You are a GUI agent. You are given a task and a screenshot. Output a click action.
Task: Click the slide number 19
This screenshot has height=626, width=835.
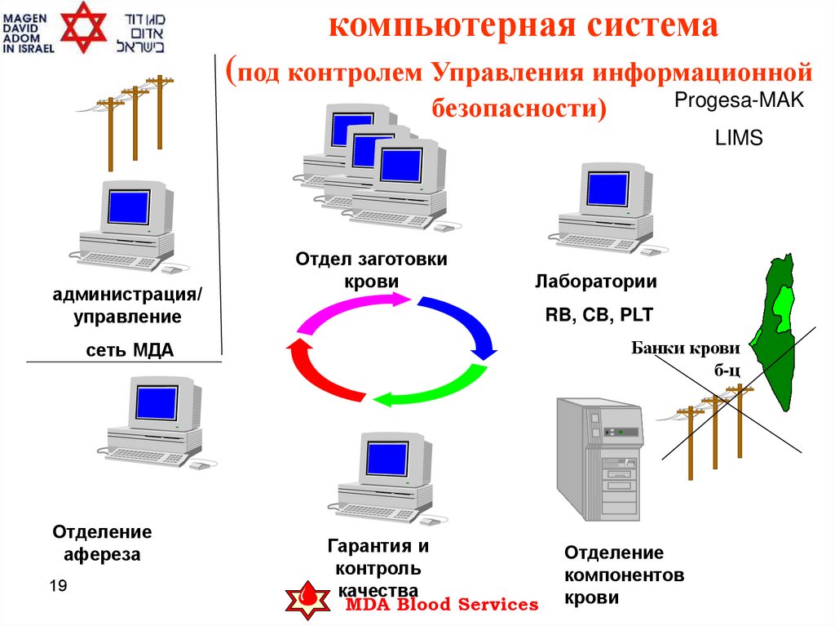coord(58,587)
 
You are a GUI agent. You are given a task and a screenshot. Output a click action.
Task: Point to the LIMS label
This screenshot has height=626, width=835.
coord(738,139)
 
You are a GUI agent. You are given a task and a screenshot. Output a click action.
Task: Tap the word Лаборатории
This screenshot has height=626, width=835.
coord(596,282)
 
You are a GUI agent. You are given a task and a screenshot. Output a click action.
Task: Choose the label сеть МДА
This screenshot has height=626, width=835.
coord(130,351)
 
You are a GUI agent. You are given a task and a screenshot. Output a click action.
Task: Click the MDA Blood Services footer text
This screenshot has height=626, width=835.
coord(442,605)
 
